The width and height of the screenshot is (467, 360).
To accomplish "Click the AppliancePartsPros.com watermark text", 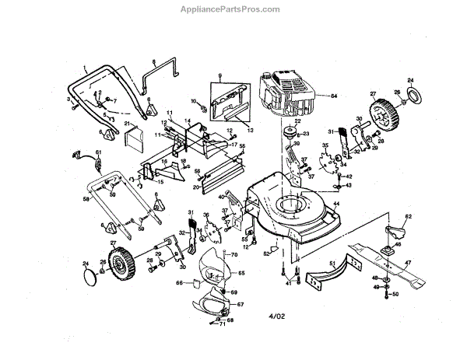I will coord(233,9).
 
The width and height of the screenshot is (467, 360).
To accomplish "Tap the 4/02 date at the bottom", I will coord(278,317).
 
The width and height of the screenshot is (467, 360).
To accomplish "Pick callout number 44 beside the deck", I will coord(337,204).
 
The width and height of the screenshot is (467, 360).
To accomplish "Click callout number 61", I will coord(99,152).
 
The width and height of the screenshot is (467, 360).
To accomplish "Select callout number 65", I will coord(241,273).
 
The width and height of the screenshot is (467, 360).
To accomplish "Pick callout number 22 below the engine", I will coord(297,121).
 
